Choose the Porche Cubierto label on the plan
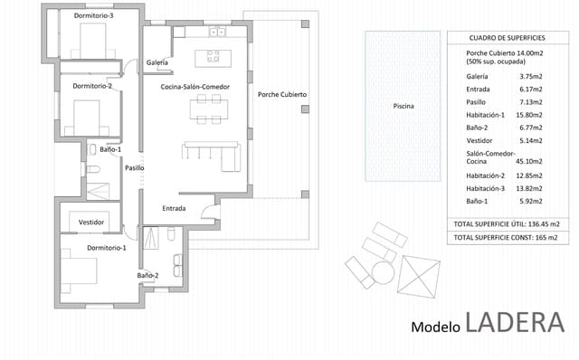(x=281, y=94)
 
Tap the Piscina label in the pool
(x=403, y=107)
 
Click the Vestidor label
(x=91, y=222)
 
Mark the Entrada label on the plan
(x=174, y=208)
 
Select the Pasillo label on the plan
(x=135, y=167)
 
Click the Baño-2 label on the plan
(x=148, y=275)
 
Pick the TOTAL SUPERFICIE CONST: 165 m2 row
(x=506, y=237)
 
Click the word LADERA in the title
(x=515, y=322)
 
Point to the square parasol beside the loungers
(x=419, y=275)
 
